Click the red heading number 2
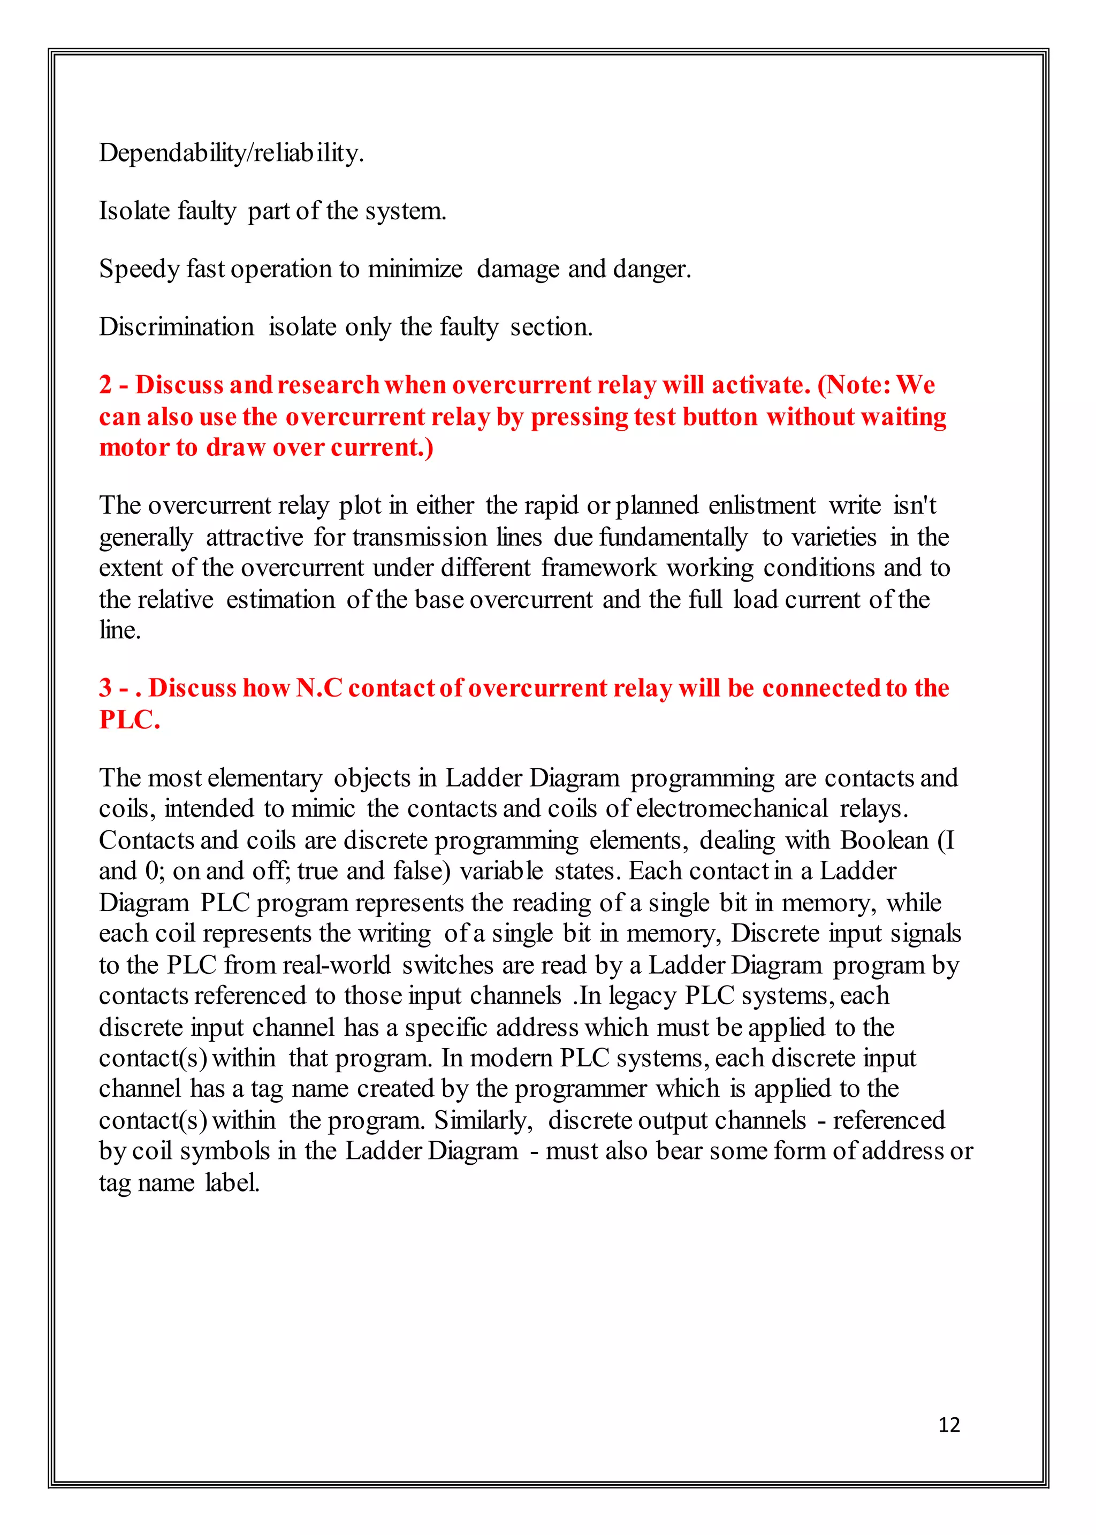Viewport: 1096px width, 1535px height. pyautogui.click(x=105, y=385)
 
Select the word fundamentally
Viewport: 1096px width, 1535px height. pyautogui.click(x=673, y=537)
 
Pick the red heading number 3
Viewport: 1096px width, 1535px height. pyautogui.click(x=105, y=688)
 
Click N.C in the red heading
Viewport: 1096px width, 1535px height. pyautogui.click(x=319, y=688)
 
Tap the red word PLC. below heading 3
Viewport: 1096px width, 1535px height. pyautogui.click(x=130, y=719)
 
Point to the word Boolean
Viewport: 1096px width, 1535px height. pyautogui.click(x=884, y=840)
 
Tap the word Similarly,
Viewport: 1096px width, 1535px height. pyautogui.click(x=483, y=1120)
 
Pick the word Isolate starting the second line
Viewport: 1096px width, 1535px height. pyautogui.click(x=134, y=211)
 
